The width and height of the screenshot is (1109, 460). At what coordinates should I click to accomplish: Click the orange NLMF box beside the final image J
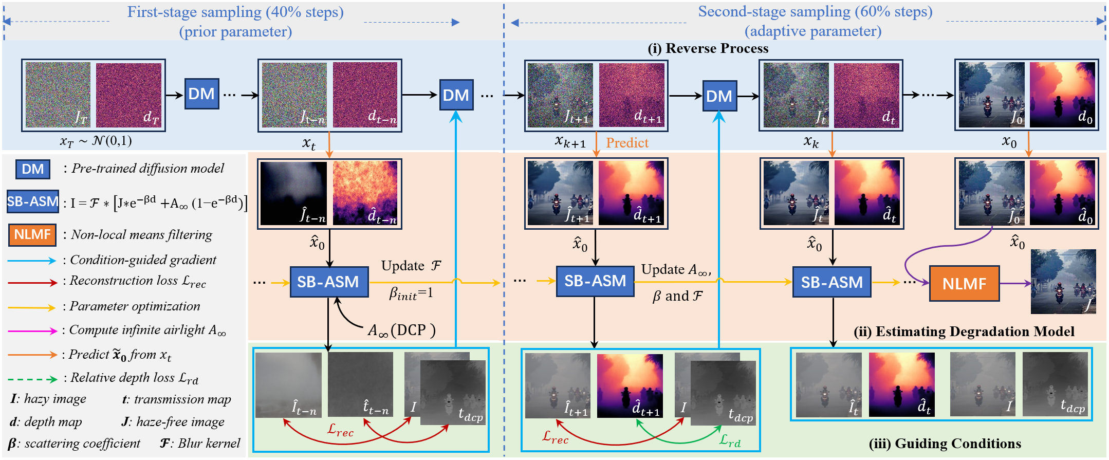click(x=964, y=283)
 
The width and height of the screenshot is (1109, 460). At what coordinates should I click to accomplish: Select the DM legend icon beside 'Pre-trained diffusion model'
click(x=32, y=169)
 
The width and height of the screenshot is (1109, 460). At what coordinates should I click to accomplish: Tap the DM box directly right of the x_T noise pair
click(x=201, y=94)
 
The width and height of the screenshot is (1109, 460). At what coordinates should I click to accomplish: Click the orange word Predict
click(x=627, y=143)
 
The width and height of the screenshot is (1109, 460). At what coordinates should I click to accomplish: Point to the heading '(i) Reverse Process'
click(x=708, y=48)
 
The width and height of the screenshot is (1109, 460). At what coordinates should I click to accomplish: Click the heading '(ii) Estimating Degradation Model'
click(x=964, y=332)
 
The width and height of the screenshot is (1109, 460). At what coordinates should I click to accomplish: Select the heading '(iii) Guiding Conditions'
click(x=945, y=444)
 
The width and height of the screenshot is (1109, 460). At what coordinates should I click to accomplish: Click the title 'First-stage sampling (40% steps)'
click(x=235, y=12)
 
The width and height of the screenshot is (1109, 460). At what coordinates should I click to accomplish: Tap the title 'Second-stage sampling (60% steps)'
click(x=815, y=12)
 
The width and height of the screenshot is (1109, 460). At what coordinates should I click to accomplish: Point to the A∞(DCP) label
click(x=401, y=330)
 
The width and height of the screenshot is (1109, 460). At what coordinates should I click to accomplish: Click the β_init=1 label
click(x=411, y=293)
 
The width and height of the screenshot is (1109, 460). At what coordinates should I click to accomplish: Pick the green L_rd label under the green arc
click(x=730, y=440)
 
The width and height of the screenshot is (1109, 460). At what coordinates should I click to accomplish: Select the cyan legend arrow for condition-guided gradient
click(x=32, y=261)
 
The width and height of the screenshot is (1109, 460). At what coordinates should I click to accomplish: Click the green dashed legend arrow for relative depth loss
click(x=32, y=379)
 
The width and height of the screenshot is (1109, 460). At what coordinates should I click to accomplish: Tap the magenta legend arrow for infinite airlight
click(x=32, y=331)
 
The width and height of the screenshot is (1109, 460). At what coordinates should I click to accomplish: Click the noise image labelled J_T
click(x=58, y=95)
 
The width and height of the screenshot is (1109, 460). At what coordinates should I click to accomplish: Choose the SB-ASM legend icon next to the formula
click(x=32, y=201)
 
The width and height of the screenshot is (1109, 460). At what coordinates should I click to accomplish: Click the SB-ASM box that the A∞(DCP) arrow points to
click(x=329, y=282)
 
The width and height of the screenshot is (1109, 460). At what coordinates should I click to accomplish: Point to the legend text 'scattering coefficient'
click(x=82, y=444)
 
